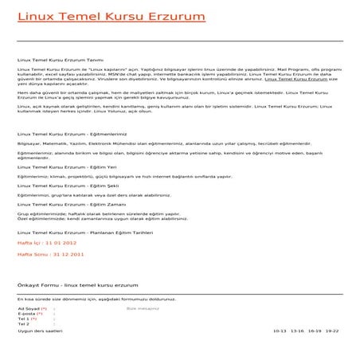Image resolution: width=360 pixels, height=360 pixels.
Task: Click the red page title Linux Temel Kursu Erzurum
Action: point(111,17)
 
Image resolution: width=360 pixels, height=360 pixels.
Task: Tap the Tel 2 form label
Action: point(23,324)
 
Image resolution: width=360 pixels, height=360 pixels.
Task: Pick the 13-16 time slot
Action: point(298,330)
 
